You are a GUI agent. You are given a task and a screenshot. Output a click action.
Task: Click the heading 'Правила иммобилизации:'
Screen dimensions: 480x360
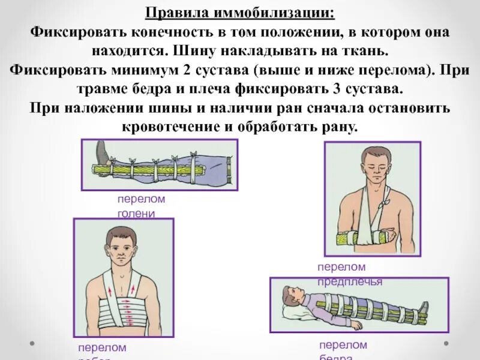click(x=239, y=12)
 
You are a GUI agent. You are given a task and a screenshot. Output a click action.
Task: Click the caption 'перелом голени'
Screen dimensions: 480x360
click(x=141, y=206)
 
